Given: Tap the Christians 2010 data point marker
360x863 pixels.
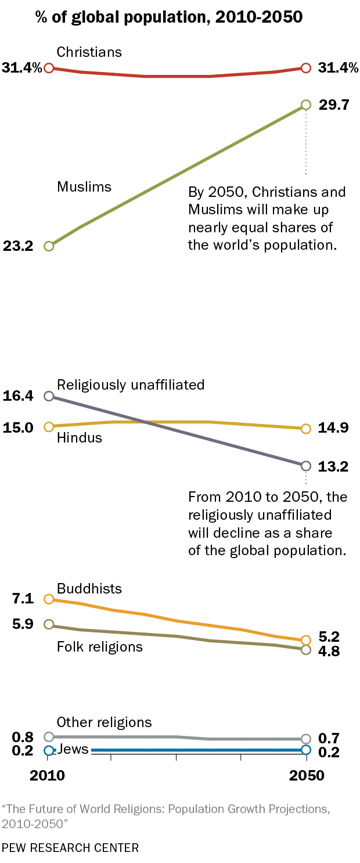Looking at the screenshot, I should (49, 68).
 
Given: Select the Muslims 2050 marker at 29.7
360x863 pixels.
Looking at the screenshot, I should (307, 105).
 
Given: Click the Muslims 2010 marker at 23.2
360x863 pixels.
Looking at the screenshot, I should (49, 246).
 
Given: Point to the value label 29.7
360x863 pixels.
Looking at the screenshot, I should (333, 105).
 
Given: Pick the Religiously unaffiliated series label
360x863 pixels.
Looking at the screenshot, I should (131, 384).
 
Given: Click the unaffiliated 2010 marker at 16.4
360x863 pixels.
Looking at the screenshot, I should (49, 396).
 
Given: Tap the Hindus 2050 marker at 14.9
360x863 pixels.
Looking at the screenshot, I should (307, 429).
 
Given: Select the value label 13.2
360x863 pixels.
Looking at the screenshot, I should (333, 466).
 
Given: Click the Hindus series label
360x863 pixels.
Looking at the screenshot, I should (80, 438).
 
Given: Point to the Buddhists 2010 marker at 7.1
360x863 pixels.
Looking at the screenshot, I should (49, 599).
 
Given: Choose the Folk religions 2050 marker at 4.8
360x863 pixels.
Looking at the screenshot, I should (307, 650).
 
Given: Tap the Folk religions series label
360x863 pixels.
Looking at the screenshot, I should (100, 646).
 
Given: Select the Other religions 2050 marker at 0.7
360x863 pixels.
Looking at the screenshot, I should (307, 739).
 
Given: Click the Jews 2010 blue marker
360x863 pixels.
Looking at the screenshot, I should (49, 750).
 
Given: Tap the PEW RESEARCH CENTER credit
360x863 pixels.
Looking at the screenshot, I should (70, 848).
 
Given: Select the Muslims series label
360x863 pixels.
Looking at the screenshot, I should (84, 186).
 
